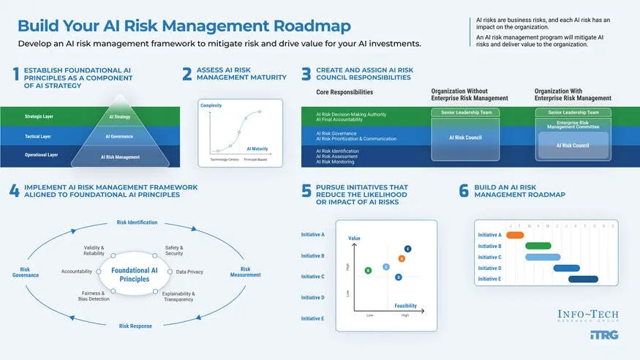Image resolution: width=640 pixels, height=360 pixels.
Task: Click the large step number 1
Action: (x=15, y=74)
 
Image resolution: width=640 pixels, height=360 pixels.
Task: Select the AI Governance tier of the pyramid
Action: (x=119, y=136)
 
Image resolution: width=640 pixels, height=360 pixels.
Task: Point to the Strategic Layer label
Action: (x=38, y=116)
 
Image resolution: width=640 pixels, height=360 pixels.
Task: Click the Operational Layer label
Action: (x=40, y=156)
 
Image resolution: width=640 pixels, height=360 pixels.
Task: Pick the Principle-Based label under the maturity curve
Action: (x=255, y=159)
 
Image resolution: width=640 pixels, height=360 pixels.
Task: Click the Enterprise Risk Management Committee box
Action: (x=573, y=124)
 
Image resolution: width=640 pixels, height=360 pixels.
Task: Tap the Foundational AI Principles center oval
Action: (x=134, y=274)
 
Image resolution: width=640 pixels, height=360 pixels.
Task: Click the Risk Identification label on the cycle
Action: (x=137, y=222)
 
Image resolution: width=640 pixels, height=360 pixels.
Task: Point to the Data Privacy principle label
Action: (x=189, y=271)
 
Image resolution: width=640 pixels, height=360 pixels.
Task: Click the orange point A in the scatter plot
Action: (x=402, y=259)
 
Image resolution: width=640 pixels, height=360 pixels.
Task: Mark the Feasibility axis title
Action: (x=406, y=305)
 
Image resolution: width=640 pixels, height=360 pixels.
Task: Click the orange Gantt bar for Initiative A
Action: (x=515, y=235)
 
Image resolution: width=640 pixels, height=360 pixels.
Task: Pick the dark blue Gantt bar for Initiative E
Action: (x=583, y=279)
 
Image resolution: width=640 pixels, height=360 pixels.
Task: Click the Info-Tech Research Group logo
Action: (x=587, y=316)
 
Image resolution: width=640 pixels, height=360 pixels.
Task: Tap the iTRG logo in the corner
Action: (x=603, y=335)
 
